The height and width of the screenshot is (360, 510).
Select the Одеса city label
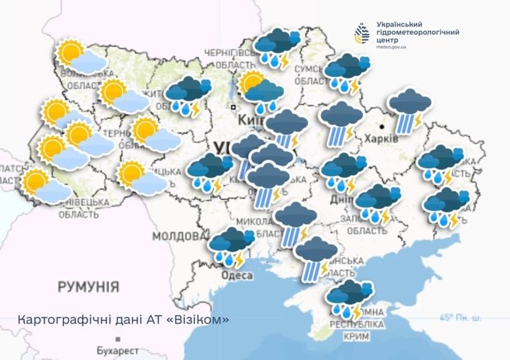235,275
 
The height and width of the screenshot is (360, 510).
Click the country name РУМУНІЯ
88,287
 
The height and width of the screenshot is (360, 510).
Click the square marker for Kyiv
232,107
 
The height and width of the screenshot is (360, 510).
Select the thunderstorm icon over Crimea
348,298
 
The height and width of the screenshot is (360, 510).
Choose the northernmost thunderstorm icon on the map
277,47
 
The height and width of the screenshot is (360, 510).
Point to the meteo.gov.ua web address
390,47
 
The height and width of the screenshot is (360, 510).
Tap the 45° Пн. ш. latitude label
460,317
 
